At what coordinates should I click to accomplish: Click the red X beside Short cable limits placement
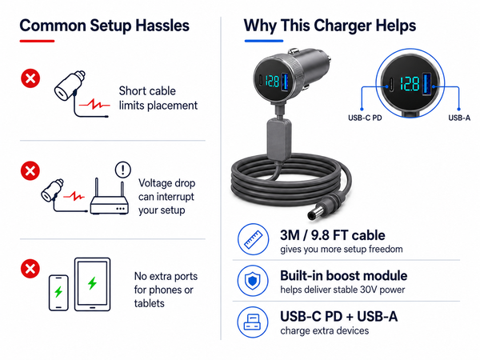click(30, 78)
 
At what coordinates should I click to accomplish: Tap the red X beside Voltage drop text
click(30, 170)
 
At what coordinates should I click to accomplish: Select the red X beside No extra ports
click(30, 269)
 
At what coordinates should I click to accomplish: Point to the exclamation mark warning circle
click(122, 170)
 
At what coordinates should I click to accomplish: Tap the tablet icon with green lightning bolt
click(93, 284)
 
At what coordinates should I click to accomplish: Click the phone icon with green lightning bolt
click(58, 293)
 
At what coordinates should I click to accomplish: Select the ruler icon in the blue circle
click(253, 239)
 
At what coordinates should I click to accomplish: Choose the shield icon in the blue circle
click(253, 281)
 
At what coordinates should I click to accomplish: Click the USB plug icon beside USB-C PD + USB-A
click(253, 322)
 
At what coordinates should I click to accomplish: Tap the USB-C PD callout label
click(365, 118)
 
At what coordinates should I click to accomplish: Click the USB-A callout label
click(459, 118)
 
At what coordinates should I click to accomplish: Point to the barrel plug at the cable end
click(326, 207)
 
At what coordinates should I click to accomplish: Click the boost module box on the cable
click(278, 139)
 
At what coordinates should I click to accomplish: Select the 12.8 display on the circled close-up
click(410, 84)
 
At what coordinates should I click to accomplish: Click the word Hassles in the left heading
click(162, 26)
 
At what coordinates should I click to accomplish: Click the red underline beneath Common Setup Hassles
click(37, 41)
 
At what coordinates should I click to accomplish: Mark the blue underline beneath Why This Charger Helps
click(264, 41)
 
